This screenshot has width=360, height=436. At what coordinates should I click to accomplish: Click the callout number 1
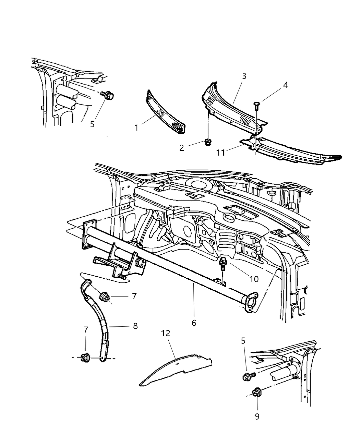[x=136, y=128]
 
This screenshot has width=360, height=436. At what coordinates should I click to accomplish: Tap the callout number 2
[x=182, y=148]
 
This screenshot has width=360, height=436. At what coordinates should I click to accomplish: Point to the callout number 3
[x=244, y=76]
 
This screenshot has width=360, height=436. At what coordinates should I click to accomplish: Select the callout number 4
[x=285, y=85]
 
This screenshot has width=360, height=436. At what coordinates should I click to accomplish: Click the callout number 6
[x=194, y=323]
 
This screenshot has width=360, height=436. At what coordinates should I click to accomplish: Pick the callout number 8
[x=135, y=326]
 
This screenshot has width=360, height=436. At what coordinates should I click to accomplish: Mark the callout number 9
[x=257, y=416]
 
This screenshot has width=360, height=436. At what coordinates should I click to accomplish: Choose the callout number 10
[x=254, y=279]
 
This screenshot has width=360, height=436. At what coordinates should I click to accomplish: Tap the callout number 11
[x=221, y=152]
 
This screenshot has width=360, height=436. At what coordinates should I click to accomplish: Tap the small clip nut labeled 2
[x=207, y=142]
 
